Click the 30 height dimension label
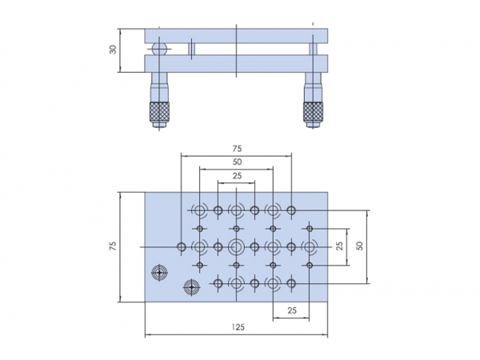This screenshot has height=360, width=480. click(114, 50)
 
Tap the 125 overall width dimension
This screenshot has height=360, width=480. click(237, 326)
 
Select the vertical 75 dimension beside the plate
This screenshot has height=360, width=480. click(114, 246)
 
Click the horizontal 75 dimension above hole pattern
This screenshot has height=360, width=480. click(237, 148)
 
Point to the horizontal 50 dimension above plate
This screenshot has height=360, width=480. click(237, 162)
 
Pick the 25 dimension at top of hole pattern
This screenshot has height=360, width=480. click(237, 175)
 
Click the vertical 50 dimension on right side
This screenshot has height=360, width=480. click(359, 246)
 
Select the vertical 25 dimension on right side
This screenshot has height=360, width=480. click(340, 246)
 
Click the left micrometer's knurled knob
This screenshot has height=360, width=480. click(160, 113)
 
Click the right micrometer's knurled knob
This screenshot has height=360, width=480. click(313, 113)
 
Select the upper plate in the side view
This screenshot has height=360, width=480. click(237, 36)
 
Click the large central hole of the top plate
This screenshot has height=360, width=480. click(237, 246)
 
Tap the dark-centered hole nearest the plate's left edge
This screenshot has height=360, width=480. click(160, 274)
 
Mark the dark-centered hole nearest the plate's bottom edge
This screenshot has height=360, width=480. click(190, 286)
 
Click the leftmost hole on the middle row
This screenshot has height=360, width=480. click(182, 246)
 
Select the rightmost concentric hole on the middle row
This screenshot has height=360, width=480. click(310, 246)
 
